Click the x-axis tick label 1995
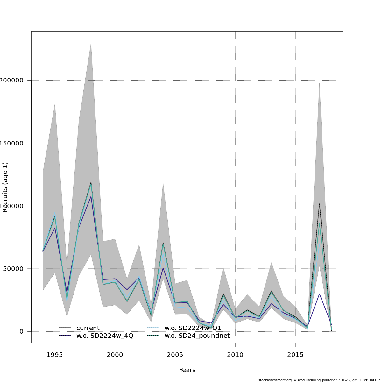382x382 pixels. point(55,355)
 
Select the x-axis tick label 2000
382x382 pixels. point(115,355)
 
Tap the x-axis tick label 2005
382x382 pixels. point(175,355)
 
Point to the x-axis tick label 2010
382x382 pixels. point(235,355)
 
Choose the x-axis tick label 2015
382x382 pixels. point(295,355)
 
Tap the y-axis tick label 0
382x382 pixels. point(21,331)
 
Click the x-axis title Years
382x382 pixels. point(187,370)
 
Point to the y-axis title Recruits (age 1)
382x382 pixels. point(5,187)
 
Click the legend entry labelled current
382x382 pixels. point(88,328)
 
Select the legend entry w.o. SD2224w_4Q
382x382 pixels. point(105,336)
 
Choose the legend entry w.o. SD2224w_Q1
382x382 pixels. point(193,328)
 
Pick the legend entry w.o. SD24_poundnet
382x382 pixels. point(197,336)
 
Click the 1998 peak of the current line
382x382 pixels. point(91,182)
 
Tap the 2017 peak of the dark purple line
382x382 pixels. point(319,294)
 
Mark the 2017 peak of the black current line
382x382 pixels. point(319,204)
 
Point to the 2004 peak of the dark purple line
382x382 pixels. point(163,268)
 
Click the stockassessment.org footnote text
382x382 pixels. point(319,380)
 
